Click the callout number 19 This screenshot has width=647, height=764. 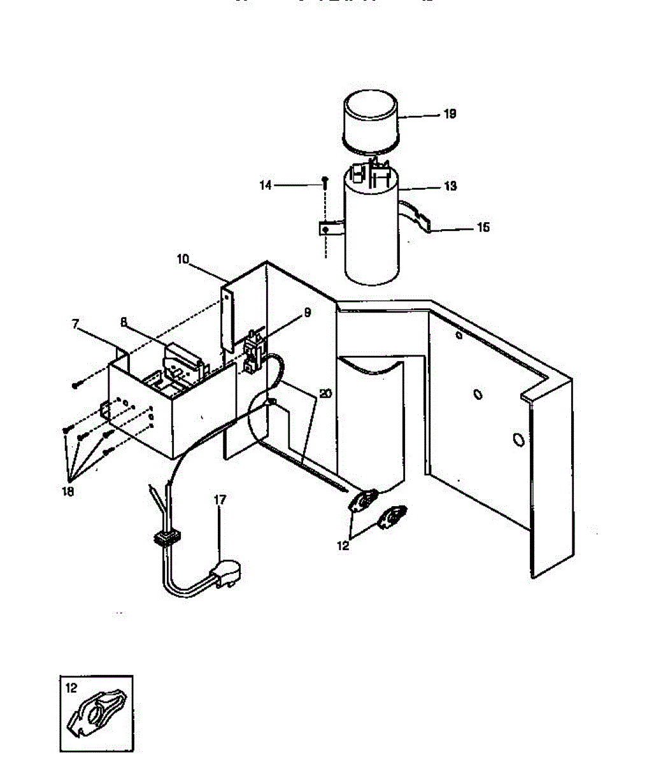[450, 115]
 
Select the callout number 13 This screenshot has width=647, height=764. [450, 187]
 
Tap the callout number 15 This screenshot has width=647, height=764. [483, 227]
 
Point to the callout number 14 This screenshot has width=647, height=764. [266, 185]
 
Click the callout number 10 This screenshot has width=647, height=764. [183, 259]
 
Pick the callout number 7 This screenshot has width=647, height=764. [76, 325]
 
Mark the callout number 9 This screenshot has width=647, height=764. [307, 313]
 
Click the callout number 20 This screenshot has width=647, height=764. [325, 394]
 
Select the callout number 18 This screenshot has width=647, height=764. [68, 492]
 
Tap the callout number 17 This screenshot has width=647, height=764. [220, 500]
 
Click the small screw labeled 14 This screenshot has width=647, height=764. [325, 182]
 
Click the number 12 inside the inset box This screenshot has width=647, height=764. [71, 688]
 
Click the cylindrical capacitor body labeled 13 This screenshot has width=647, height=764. [371, 236]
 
